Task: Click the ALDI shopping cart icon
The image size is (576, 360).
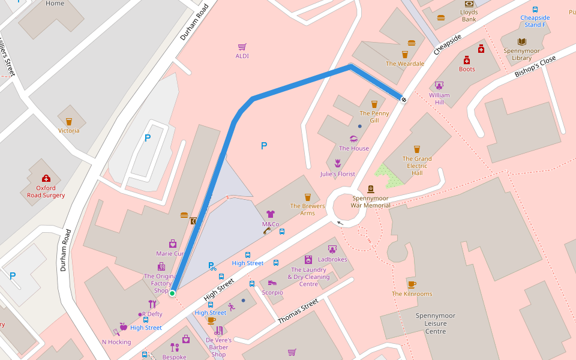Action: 242,47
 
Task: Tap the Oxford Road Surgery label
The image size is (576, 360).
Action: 46,191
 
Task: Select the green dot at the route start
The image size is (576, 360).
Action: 172,293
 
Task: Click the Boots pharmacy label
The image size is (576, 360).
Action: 467,69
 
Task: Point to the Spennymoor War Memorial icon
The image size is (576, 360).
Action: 370,189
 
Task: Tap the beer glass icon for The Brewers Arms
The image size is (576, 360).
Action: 308,197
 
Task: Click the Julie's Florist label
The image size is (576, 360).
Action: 337,174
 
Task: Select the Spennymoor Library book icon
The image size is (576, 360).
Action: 521,42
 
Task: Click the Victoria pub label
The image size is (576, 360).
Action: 69,131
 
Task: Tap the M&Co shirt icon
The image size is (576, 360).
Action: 271,214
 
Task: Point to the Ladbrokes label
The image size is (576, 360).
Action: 332,259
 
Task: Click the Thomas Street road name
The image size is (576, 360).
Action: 298,312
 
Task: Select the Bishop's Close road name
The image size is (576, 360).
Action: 535,67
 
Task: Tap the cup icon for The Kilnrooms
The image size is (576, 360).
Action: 412,284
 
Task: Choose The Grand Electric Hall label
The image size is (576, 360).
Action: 417,166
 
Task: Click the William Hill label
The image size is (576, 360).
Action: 439,99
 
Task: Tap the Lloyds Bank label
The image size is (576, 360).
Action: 469,16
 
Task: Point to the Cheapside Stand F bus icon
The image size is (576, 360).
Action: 535,10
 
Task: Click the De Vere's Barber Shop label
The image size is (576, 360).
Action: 218,347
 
